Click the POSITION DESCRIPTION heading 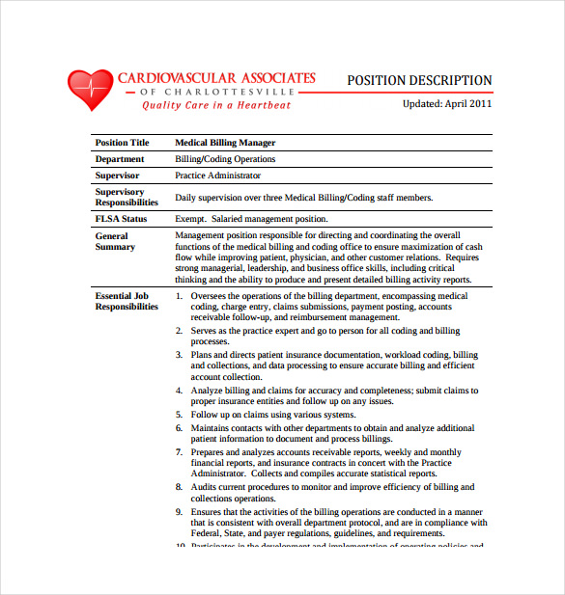click(x=419, y=81)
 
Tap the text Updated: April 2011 click(x=447, y=102)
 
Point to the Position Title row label click(x=123, y=143)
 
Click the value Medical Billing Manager click(x=225, y=143)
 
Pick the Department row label click(x=120, y=159)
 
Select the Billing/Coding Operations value click(x=225, y=159)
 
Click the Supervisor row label click(x=117, y=176)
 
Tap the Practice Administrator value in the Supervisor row click(x=217, y=176)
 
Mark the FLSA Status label click(x=121, y=219)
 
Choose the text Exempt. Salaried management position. click(x=251, y=219)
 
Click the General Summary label click(x=115, y=241)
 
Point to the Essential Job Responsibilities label click(x=126, y=301)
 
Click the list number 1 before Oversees click(x=179, y=296)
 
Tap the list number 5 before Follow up click(x=179, y=415)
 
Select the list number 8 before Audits click(x=179, y=488)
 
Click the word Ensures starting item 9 click(x=208, y=512)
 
